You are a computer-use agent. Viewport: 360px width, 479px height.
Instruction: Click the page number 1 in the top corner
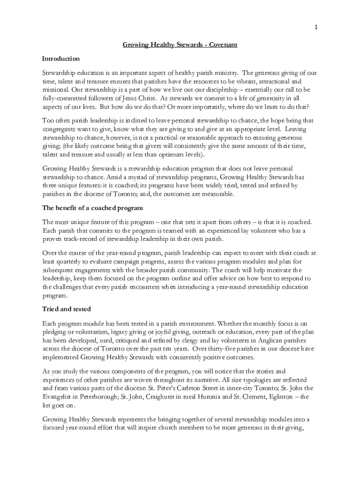316,27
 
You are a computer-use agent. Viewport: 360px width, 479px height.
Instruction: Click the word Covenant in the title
223,45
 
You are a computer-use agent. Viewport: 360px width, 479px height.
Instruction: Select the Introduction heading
61,59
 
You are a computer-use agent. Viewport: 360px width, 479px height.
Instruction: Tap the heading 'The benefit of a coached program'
93,208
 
